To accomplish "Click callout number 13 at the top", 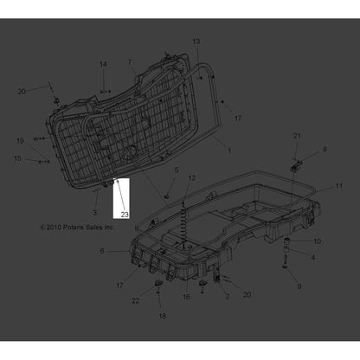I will [x=196, y=42].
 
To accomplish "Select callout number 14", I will [x=103, y=65].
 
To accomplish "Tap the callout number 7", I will [x=131, y=62].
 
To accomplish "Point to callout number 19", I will [x=20, y=140].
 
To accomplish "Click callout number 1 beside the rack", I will [x=228, y=151].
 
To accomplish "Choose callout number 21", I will [x=295, y=137].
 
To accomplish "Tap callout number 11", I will [x=339, y=186].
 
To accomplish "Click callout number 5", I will [x=177, y=170].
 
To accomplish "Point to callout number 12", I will [x=191, y=177].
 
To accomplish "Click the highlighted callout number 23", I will [x=124, y=213].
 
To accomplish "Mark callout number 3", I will [x=94, y=212].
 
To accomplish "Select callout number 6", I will [x=102, y=251].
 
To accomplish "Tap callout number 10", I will [x=317, y=241].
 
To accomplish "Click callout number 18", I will [x=162, y=317].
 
